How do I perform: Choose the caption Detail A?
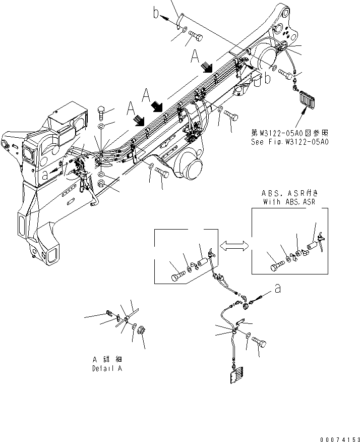point(106,369)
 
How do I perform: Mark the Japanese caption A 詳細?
point(106,360)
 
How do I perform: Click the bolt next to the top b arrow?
point(196,36)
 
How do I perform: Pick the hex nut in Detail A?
point(141,334)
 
